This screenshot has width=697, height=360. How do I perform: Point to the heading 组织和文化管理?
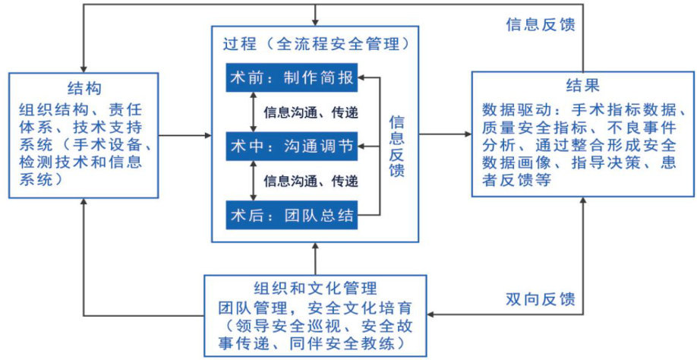[x=314, y=289]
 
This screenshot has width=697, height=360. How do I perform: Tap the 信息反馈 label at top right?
[x=540, y=23]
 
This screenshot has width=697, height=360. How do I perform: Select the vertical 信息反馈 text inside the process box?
[x=396, y=146]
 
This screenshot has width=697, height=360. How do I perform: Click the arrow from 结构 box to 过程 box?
[x=185, y=135]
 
